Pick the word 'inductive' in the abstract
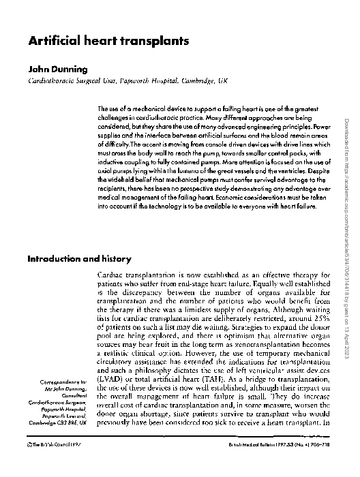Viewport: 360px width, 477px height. (112, 164)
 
